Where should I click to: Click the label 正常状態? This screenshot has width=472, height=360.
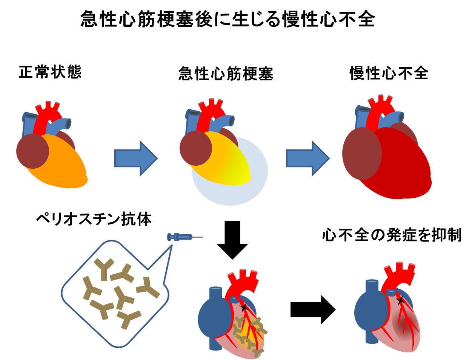click(x=50, y=72)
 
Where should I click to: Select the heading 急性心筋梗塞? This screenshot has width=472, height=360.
click(x=226, y=74)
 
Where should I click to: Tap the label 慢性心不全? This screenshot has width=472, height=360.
click(x=389, y=73)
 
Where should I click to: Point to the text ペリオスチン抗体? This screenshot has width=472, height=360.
click(x=94, y=219)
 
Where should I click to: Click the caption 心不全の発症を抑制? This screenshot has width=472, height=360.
click(x=392, y=235)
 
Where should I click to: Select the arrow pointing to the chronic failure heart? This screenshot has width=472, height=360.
click(x=307, y=158)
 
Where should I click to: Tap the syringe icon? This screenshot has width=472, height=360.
click(x=181, y=237)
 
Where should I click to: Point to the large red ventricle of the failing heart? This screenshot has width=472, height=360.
click(x=400, y=166)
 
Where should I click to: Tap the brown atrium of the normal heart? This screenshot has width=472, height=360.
click(x=32, y=151)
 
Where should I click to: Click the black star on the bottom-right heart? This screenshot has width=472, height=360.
click(x=400, y=301)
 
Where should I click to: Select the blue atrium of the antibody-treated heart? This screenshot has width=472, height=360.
click(x=213, y=317)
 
